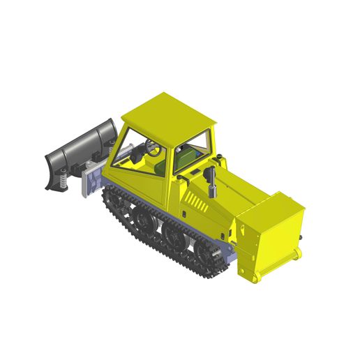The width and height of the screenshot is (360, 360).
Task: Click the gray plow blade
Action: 80,147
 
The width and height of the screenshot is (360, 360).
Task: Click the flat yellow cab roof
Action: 168,110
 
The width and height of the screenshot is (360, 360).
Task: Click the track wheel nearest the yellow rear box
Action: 210,259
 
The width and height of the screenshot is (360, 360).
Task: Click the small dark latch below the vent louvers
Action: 183,212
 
